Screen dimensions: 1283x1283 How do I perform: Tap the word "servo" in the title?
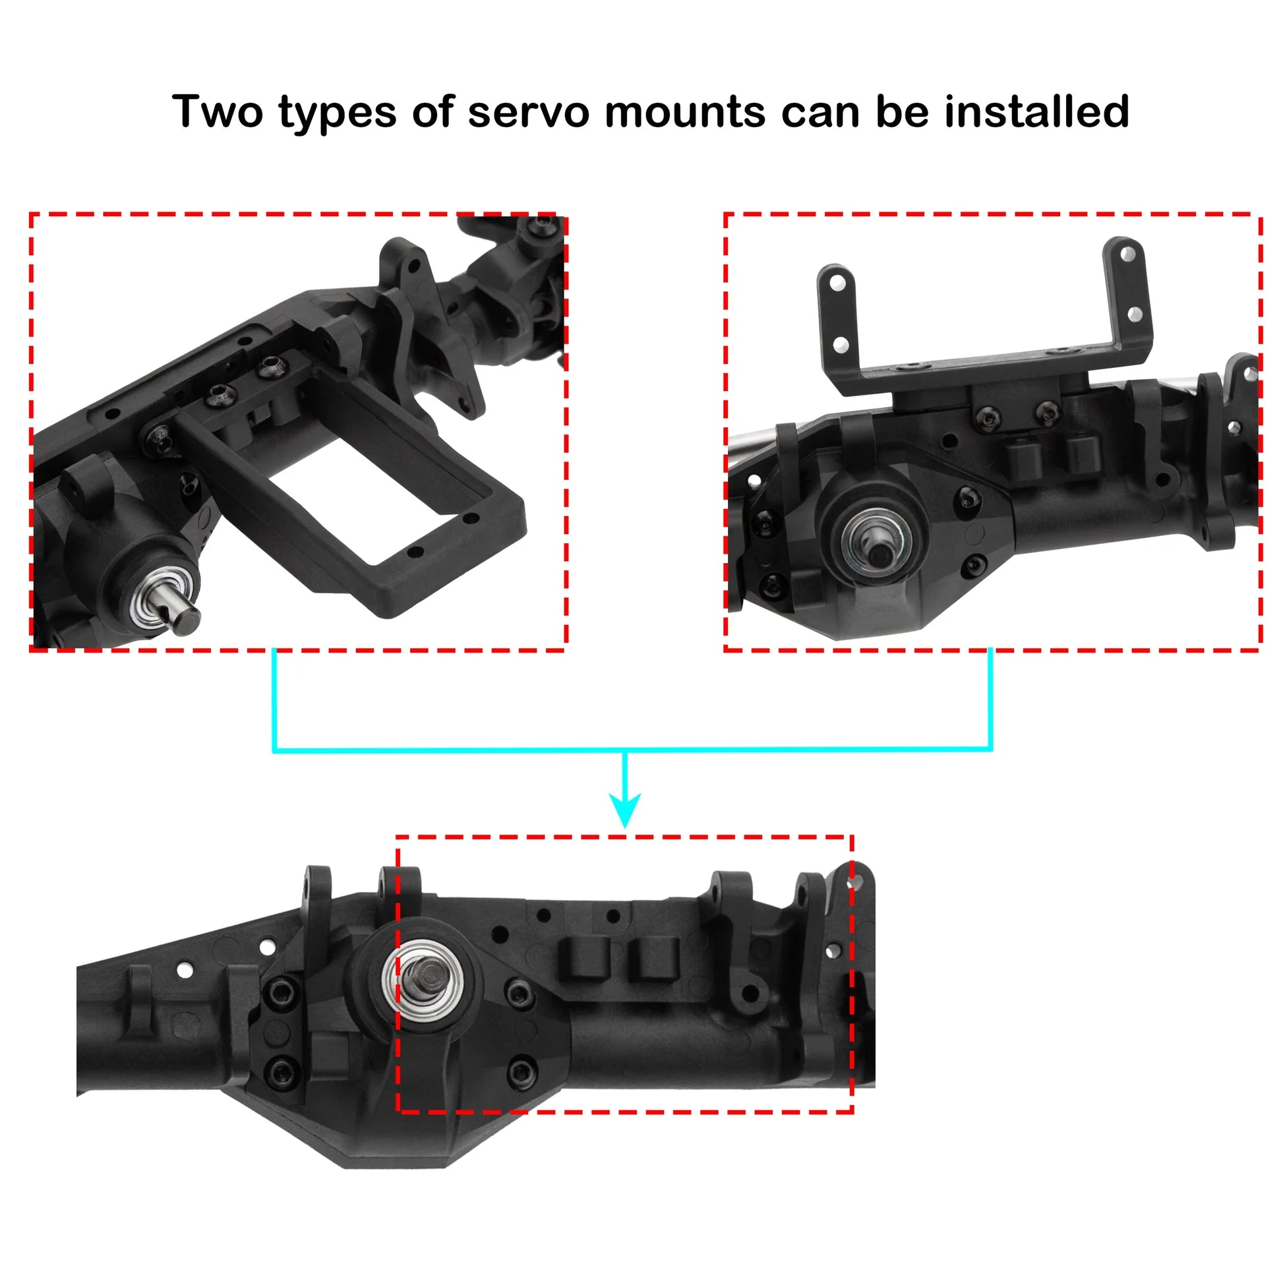(529, 111)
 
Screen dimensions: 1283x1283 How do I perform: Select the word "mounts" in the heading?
(685, 111)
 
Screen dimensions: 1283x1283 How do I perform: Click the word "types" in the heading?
(338, 113)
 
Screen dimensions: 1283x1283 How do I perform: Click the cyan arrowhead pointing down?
(625, 810)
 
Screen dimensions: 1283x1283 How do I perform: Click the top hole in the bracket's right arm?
(1127, 254)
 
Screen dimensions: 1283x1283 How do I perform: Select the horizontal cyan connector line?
(632, 750)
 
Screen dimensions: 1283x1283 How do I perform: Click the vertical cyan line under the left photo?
(274, 700)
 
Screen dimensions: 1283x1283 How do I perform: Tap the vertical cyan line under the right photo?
(990, 700)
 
